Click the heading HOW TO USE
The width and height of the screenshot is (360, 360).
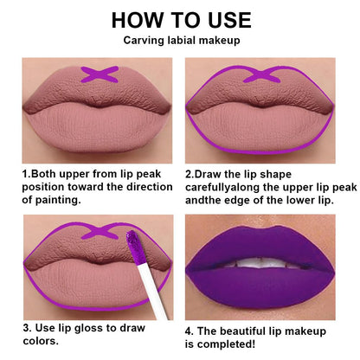181,19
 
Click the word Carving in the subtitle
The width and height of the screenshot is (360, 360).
144,41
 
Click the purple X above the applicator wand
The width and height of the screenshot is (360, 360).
98,232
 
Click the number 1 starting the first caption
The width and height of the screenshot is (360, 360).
25,173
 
